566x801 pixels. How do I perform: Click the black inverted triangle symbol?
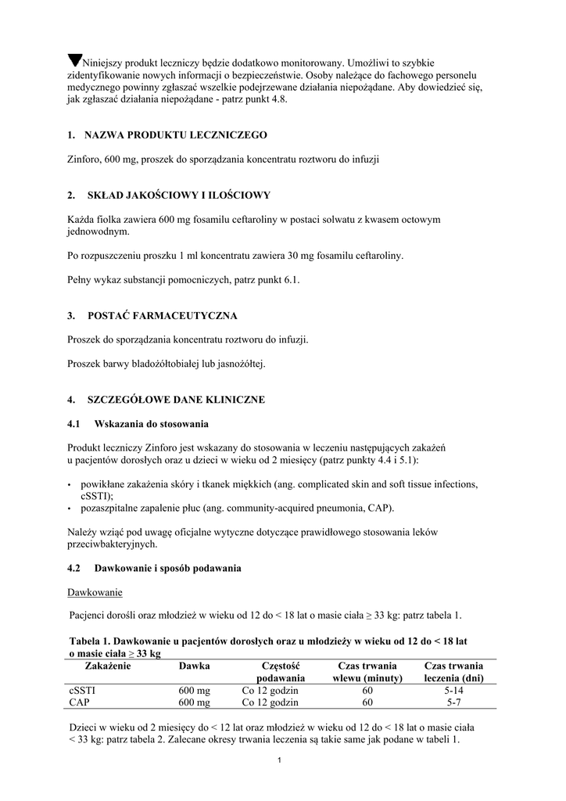pyautogui.click(x=75, y=60)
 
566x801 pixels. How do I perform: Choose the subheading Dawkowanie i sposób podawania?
pyautogui.click(x=168, y=568)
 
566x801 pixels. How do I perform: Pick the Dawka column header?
pyautogui.click(x=194, y=666)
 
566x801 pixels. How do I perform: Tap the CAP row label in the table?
pyautogui.click(x=80, y=702)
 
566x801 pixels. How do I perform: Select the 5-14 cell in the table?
pyautogui.click(x=454, y=691)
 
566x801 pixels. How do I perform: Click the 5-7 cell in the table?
pyautogui.click(x=454, y=702)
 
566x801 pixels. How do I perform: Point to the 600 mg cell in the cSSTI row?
pyautogui.click(x=195, y=691)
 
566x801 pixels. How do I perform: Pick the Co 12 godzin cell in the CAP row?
pyautogui.click(x=270, y=702)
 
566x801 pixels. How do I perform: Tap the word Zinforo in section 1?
pyautogui.click(x=86, y=159)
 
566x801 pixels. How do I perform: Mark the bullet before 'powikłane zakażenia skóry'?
pyautogui.click(x=70, y=484)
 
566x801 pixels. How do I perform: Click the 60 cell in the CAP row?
pyautogui.click(x=367, y=702)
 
